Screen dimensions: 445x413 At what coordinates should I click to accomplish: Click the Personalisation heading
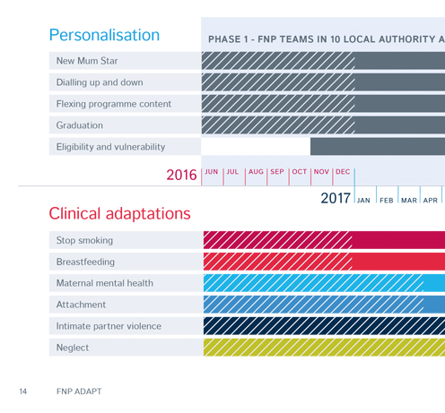coord(104,35)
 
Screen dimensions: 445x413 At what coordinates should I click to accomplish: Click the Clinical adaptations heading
coord(119,213)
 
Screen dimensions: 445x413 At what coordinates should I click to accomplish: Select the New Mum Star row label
coord(87,61)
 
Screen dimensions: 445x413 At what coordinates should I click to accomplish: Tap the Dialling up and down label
coord(100,82)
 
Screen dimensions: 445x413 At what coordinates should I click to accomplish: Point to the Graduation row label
coord(80,125)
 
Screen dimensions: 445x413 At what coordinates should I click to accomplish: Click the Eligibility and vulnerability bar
coord(378,146)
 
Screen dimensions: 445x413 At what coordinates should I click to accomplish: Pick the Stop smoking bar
coord(324,240)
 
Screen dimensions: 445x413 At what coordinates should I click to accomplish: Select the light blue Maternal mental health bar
coord(324,283)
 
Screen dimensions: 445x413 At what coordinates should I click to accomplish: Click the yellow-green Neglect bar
coord(324,348)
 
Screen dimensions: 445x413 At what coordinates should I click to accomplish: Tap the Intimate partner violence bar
coord(324,326)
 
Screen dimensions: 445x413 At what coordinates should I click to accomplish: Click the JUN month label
coord(212,172)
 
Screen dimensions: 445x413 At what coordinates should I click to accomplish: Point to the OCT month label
coord(300,172)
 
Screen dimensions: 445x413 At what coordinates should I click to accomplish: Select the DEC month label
coord(343,172)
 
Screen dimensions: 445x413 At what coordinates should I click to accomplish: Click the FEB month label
coord(387,201)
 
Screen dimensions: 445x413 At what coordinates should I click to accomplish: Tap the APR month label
coord(431,201)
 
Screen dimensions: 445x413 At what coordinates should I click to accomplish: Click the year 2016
coord(181,175)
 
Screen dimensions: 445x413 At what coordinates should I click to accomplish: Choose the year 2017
coord(336,198)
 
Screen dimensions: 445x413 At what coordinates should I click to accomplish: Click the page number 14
coord(23,391)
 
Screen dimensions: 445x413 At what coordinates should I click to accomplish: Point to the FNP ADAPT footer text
coord(79,391)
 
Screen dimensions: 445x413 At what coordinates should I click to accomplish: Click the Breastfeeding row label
coord(85,262)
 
